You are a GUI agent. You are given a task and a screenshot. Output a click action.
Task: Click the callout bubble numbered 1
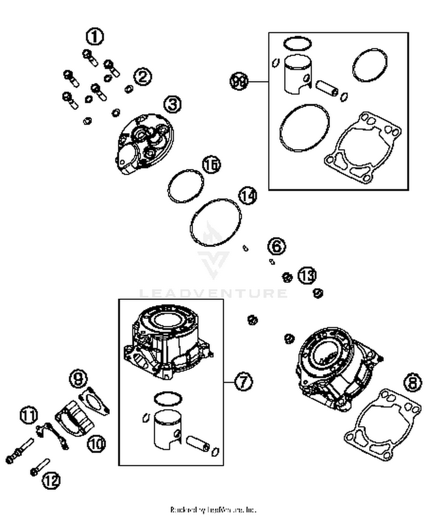point(95,37)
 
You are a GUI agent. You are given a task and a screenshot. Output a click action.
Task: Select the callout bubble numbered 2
point(143,77)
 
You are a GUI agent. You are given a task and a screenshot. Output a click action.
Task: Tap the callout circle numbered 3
point(172,104)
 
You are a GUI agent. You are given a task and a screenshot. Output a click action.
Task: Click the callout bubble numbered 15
point(211,165)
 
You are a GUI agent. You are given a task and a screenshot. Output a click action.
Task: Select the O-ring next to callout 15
point(186,186)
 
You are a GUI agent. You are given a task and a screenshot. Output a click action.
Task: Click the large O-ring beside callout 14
point(215,222)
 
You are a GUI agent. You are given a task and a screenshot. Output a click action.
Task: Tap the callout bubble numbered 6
point(277,246)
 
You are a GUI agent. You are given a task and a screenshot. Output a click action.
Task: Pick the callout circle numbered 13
point(307,275)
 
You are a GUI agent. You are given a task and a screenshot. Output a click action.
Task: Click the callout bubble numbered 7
point(243,382)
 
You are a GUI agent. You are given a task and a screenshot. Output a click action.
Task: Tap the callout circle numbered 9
point(78,379)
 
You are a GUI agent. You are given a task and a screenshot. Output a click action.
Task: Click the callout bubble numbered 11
point(29,415)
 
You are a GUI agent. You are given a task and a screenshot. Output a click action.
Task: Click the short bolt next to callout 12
point(40,467)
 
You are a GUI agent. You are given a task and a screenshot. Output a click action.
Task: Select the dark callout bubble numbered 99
point(239,81)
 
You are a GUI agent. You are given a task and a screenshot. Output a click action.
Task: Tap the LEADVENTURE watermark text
point(213,293)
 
